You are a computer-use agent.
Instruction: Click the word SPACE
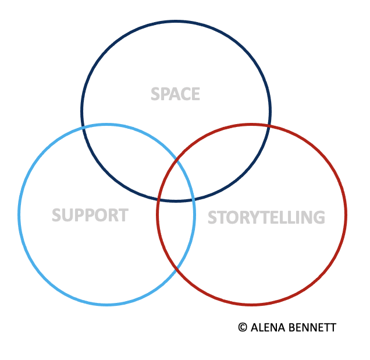175,94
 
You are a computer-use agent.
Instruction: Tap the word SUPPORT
90,215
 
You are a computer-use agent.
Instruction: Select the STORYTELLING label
266,217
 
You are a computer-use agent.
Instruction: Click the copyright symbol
243,327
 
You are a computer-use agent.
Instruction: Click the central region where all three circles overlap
176,182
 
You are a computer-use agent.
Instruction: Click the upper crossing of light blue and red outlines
176,160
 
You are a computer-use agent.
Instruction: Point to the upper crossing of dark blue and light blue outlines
83,128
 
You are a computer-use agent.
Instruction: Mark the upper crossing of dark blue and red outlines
269,126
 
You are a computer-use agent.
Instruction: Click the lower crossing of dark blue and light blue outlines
194,199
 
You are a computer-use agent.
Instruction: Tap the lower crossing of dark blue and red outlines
158,200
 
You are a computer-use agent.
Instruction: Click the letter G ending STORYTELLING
319,217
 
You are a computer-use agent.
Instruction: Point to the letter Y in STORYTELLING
252,217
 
